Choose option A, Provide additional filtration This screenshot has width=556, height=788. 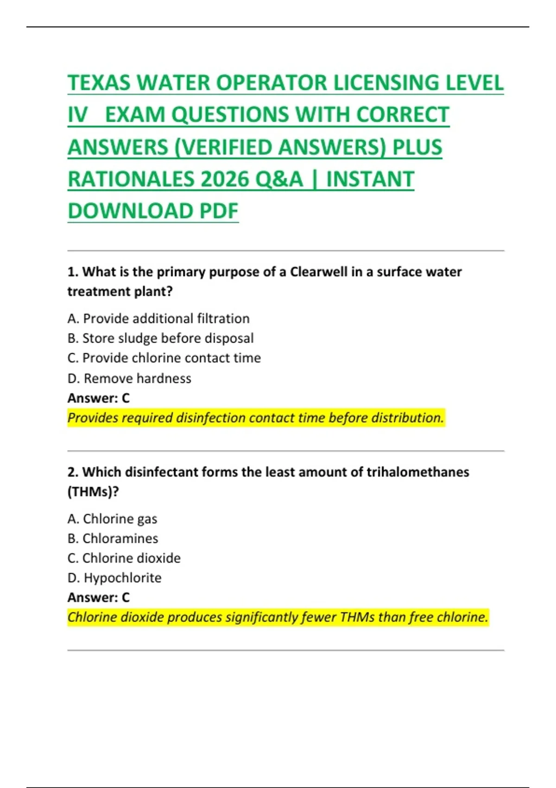[158, 319]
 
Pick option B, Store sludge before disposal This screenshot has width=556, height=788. [160, 338]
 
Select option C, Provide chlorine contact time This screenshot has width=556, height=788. [164, 358]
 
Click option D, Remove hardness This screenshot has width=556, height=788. [129, 379]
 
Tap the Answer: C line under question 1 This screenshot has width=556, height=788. [99, 398]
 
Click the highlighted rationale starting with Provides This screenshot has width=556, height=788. [256, 418]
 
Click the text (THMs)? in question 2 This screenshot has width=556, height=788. [93, 492]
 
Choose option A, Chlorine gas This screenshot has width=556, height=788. [112, 519]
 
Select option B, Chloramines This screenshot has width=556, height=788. [113, 539]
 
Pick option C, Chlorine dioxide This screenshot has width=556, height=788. [124, 559]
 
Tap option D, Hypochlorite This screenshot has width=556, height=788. [114, 578]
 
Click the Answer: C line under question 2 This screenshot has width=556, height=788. [99, 598]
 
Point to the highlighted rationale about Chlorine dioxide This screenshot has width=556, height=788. [278, 617]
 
